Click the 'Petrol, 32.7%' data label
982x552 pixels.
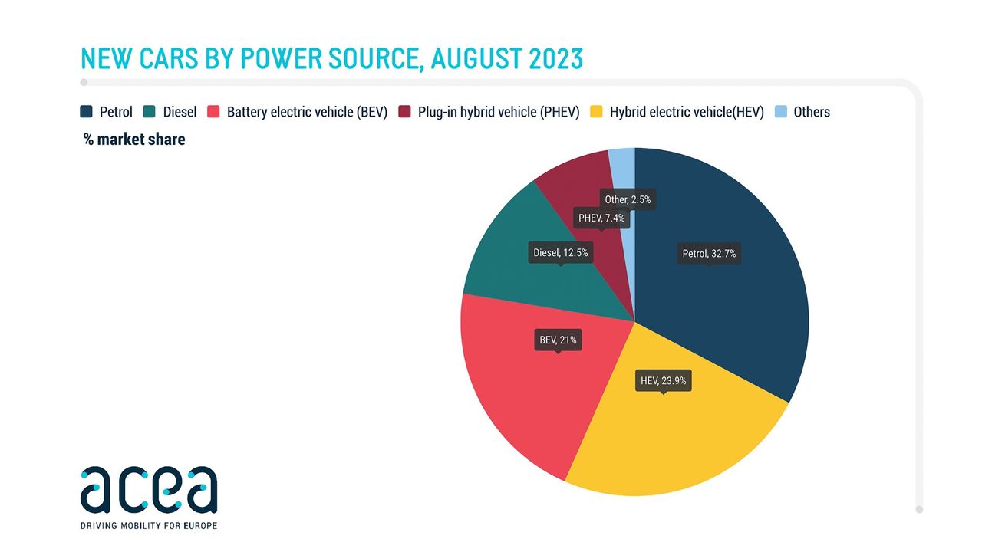coord(709,254)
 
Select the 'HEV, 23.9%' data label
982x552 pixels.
coord(664,380)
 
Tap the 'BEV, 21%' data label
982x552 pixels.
coord(558,340)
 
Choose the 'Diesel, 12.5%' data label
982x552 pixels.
coord(560,252)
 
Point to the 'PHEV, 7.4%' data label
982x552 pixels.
coord(601,218)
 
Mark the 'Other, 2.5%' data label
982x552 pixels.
coord(628,199)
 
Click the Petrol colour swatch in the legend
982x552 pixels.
coord(87,112)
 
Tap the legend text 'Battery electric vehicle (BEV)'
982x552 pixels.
coord(307,112)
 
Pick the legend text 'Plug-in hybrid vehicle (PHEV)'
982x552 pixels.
coord(498,112)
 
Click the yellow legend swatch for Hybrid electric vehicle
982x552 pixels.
coord(596,112)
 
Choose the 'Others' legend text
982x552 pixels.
coord(812,112)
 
